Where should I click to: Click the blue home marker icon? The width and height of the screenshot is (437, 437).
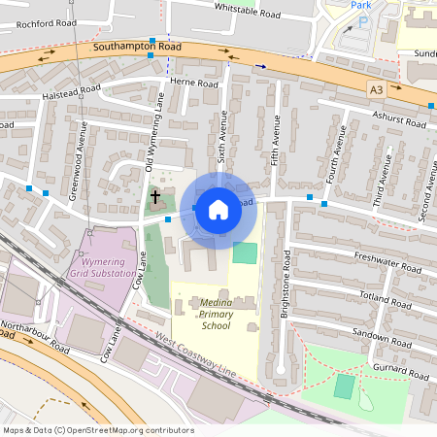[x=218, y=209]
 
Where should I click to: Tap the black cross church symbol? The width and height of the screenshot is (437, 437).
[x=154, y=198]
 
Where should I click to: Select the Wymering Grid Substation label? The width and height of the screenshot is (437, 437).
[x=102, y=268]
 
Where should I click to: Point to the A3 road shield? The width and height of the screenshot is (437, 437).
[x=376, y=89]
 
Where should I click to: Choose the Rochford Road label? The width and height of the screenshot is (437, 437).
[x=40, y=22]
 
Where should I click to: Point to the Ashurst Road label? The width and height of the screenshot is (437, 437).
[x=399, y=119]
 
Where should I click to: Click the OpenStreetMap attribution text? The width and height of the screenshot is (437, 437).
[x=98, y=430]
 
